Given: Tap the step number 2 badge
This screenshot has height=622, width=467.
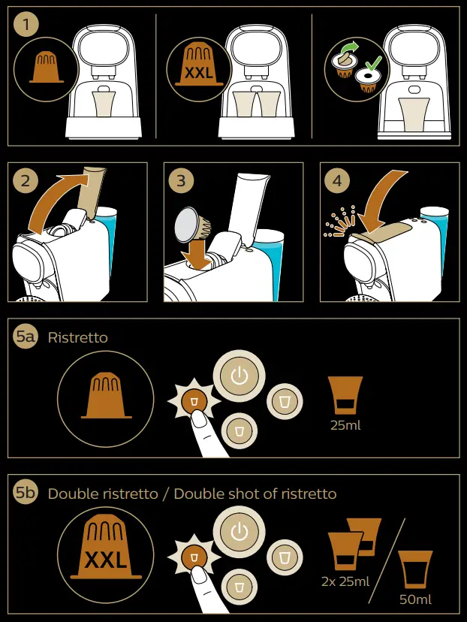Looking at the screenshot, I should pyautogui.click(x=26, y=181).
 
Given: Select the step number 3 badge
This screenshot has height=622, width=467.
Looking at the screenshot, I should pyautogui.click(x=181, y=181).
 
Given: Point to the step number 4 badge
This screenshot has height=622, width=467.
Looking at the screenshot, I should pyautogui.click(x=337, y=181).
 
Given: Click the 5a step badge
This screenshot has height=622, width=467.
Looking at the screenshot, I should pyautogui.click(x=26, y=337).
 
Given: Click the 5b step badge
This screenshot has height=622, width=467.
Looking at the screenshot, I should pyautogui.click(x=26, y=493).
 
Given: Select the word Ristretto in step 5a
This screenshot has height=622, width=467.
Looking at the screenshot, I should pyautogui.click(x=77, y=337).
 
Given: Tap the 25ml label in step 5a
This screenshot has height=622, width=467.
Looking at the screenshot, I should pyautogui.click(x=345, y=425).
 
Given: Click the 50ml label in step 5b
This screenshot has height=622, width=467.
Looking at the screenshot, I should pyautogui.click(x=415, y=599).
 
